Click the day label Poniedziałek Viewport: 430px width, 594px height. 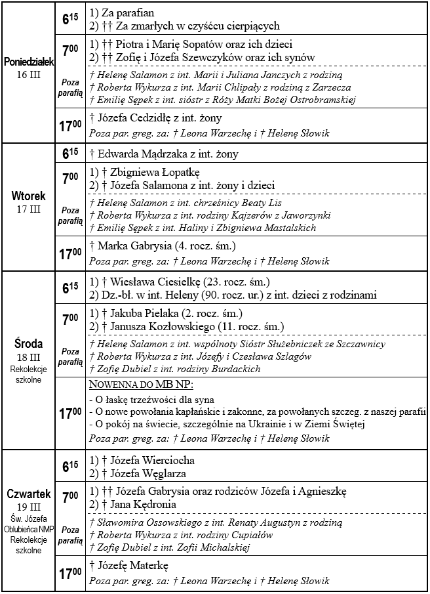click(28, 62)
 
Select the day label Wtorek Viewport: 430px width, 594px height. click(28, 196)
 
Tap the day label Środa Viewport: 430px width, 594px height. click(28, 343)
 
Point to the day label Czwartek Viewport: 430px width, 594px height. click(28, 494)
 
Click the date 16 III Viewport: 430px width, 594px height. click(28, 74)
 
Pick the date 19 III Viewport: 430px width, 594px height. click(28, 507)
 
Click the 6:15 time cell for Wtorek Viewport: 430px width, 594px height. click(70, 154)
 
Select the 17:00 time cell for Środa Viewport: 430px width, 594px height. click(70, 414)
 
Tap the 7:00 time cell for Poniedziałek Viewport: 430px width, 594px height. click(70, 49)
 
